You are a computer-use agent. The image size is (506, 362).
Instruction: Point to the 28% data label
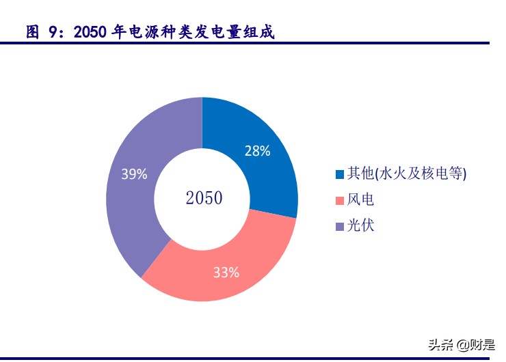pyautogui.click(x=258, y=152)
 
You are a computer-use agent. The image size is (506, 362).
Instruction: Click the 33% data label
pyautogui.click(x=226, y=273)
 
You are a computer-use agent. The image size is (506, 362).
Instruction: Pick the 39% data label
pyautogui.click(x=134, y=174)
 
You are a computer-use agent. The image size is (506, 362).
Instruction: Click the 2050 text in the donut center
pyautogui.click(x=204, y=199)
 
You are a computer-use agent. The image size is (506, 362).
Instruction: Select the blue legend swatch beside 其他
pyautogui.click(x=340, y=175)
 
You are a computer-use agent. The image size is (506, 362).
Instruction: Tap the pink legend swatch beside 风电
pyautogui.click(x=340, y=201)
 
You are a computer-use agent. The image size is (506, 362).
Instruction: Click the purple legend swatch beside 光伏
pyautogui.click(x=340, y=227)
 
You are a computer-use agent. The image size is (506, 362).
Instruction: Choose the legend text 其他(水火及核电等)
pyautogui.click(x=408, y=174)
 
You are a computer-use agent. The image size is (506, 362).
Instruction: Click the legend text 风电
pyautogui.click(x=362, y=200)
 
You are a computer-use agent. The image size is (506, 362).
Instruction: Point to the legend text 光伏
pyautogui.click(x=362, y=226)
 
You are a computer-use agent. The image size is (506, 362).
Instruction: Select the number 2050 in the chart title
pyautogui.click(x=90, y=32)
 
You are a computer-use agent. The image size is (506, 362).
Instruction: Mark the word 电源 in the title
pyautogui.click(x=144, y=32)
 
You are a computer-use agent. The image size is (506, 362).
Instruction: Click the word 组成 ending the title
pyautogui.click(x=260, y=32)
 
